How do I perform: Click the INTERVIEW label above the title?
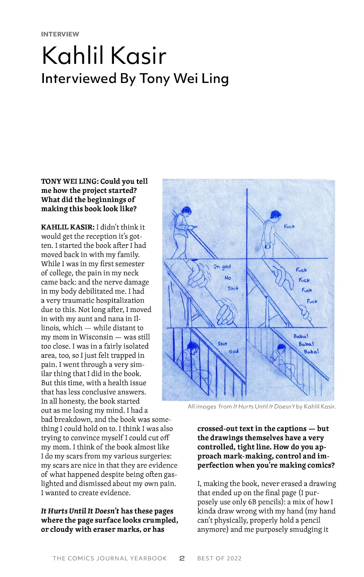coord(60,34)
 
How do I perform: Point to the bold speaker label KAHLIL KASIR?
coord(68,227)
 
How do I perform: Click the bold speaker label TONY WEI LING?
coord(70,181)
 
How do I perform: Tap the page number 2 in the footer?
coord(182,558)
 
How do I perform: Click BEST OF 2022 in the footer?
coord(219,558)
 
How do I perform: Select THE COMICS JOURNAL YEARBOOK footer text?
coord(110,558)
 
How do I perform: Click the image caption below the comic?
coord(261,406)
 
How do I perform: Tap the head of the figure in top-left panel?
coord(186,210)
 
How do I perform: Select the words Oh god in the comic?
coord(222,267)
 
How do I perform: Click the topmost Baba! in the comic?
coord(301,336)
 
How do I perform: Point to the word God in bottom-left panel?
coord(234,351)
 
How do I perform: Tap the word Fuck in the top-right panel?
coord(289,226)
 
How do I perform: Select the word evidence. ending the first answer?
coord(115,493)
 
